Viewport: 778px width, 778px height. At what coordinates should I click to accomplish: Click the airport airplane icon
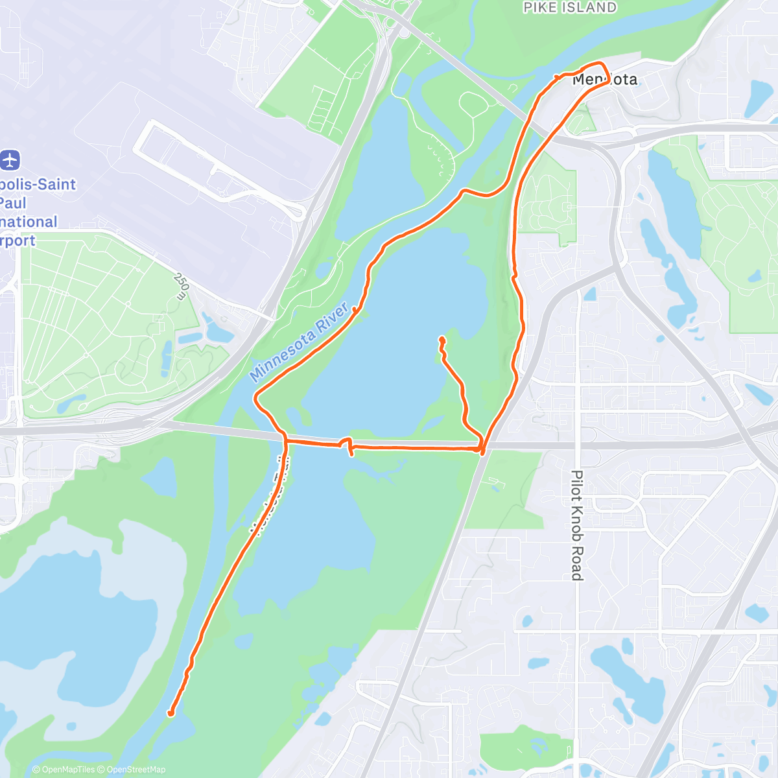[10, 159]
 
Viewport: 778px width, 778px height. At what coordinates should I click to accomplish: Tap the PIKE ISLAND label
[570, 8]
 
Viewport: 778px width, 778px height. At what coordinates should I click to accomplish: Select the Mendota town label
[605, 80]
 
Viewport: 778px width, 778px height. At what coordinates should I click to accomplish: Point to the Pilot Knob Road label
[576, 525]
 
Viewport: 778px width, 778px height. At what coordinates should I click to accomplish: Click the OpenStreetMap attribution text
[136, 770]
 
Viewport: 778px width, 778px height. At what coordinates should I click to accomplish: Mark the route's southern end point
[171, 714]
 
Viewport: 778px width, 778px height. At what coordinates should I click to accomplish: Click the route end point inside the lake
[442, 338]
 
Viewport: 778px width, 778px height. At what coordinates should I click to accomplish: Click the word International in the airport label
[29, 222]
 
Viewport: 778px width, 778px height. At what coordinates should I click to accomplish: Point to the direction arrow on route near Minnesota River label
[356, 310]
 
